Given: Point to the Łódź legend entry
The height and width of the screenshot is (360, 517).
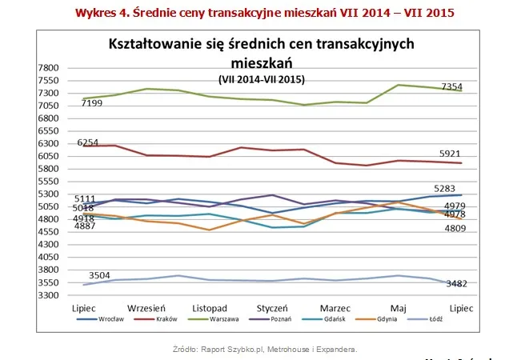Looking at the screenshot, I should pos(457,320).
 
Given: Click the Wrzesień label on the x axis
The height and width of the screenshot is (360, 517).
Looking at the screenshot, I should pos(146,307).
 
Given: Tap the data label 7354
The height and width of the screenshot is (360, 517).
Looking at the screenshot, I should pos(452,85).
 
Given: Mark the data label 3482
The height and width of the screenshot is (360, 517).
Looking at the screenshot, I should pos(456,284).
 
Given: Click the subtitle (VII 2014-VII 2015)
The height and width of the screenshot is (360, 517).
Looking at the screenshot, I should pos(261,79).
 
